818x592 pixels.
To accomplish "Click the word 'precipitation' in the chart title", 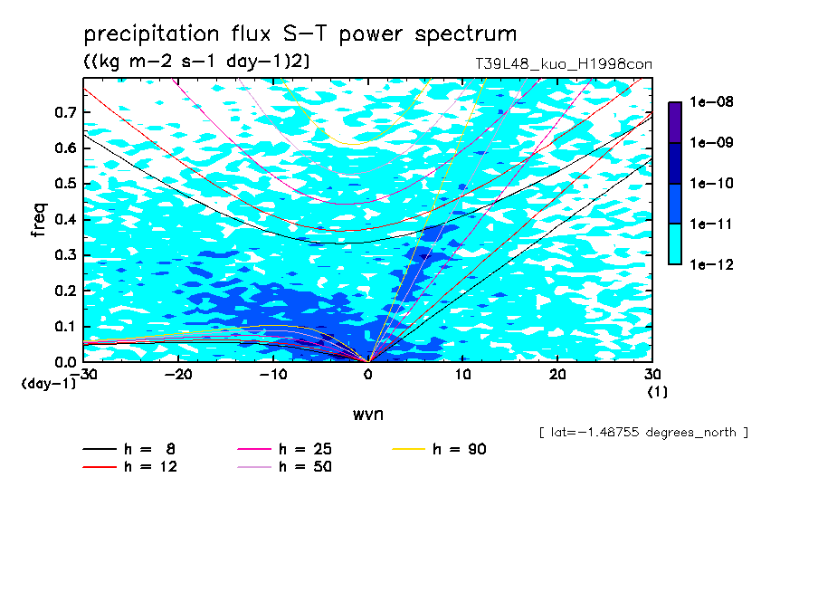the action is point(151,34).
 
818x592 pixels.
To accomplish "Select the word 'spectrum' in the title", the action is point(466,34).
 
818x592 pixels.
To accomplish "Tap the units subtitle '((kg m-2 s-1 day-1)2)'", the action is point(196,61).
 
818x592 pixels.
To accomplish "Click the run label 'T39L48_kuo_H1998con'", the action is point(564,63).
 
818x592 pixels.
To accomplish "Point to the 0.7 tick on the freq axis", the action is point(65,111).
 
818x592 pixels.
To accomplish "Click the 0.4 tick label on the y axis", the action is point(65,219).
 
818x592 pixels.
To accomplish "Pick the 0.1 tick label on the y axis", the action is point(65,326).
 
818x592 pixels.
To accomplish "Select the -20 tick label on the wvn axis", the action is point(178,375).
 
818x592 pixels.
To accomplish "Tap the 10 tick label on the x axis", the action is point(462,375).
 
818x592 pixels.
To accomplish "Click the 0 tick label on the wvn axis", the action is point(368,375).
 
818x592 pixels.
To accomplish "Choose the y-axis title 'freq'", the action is point(39,220).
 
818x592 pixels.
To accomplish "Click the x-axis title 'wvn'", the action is point(368,414).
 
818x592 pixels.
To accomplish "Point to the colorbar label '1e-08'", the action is point(711,101).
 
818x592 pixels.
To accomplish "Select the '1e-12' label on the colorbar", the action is point(711,264).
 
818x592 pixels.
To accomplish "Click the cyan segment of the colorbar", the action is point(675,244).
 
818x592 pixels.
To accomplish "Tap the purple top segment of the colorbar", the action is point(675,122).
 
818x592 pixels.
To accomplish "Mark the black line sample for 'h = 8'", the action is point(100,449).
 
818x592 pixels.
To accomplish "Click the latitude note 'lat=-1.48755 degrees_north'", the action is point(643,433).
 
